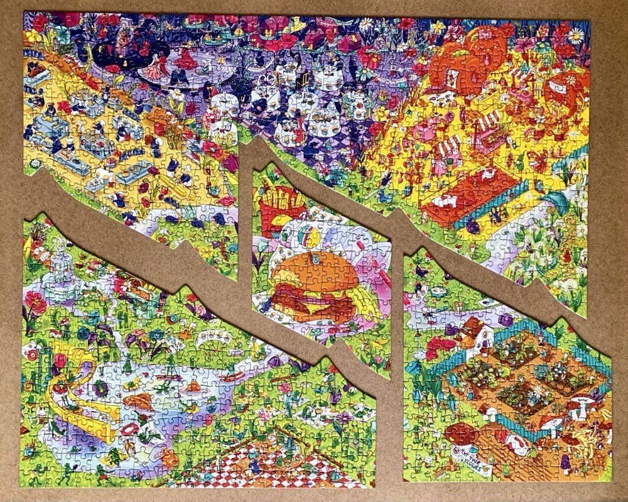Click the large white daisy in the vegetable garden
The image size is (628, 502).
point(537,390)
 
